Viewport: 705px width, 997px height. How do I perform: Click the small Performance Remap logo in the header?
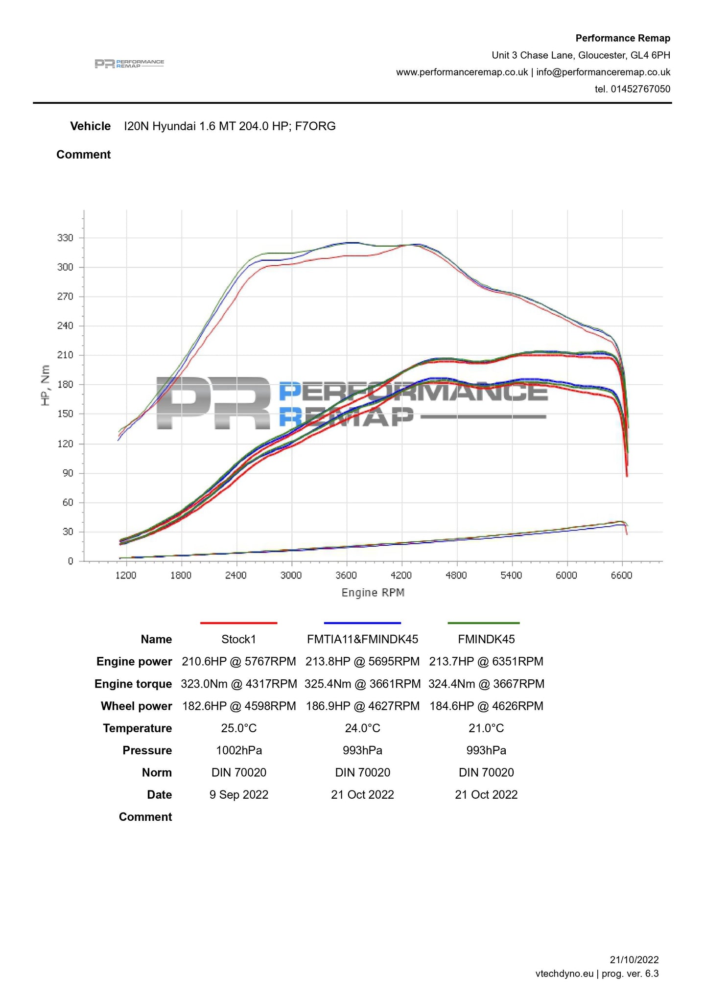pos(129,64)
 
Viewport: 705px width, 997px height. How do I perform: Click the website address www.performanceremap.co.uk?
pos(462,72)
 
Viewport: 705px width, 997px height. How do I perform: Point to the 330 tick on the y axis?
pos(65,238)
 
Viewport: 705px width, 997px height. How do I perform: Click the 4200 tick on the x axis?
pos(401,575)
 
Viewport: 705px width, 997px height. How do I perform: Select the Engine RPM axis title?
pos(373,593)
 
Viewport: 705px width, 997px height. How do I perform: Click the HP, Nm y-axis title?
pos(46,385)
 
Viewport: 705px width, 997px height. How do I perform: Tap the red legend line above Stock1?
pos(238,623)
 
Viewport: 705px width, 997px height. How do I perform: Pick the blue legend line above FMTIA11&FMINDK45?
pos(362,623)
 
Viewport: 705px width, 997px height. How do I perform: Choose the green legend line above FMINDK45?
pos(484,623)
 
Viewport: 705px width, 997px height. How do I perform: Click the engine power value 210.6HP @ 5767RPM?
pos(239,662)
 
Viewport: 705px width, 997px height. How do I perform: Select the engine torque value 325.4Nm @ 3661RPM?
pos(362,684)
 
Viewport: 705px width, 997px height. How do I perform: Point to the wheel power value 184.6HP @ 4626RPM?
pos(486,706)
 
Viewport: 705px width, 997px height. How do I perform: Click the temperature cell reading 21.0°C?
pos(486,728)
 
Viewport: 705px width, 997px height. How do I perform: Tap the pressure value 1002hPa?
pos(239,750)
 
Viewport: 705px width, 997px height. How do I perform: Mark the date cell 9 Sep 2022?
pos(239,795)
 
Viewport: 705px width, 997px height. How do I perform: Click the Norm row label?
pos(157,773)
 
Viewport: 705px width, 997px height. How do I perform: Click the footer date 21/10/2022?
pos(634,960)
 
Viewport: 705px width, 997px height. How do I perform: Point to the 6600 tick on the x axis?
pos(621,575)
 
